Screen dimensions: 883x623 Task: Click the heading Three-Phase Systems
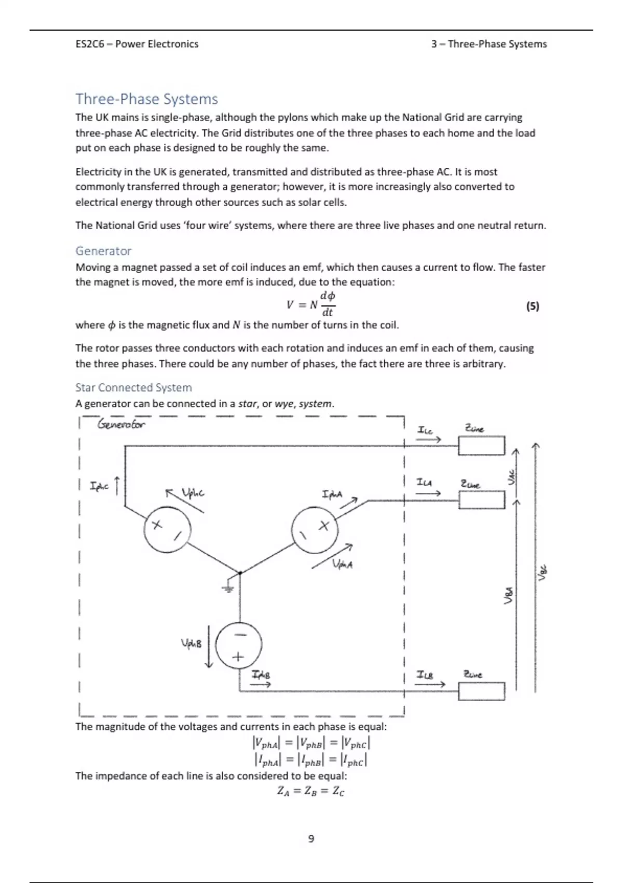point(146,99)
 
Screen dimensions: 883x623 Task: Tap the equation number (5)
point(533,306)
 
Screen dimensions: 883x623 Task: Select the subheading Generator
point(103,251)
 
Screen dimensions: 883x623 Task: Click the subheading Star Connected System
point(133,387)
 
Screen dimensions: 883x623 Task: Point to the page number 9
point(311,838)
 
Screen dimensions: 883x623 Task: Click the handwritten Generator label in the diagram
point(121,424)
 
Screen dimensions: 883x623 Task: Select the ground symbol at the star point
point(227,588)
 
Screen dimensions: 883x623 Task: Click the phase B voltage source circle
point(238,645)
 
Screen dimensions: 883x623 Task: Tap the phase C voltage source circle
point(167,530)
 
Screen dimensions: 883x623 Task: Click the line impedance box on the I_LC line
point(481,446)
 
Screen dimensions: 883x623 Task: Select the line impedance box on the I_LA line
point(481,500)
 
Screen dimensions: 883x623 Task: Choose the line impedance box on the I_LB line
point(481,691)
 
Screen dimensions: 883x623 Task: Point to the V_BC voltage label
point(543,572)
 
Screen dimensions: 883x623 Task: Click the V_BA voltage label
point(509,595)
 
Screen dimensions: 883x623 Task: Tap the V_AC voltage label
point(512,477)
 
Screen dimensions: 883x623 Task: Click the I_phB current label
point(261,675)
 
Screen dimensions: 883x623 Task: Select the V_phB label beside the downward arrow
point(191,644)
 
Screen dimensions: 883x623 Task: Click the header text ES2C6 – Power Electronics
point(137,44)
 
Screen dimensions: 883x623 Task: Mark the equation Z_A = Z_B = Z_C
point(310,791)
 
